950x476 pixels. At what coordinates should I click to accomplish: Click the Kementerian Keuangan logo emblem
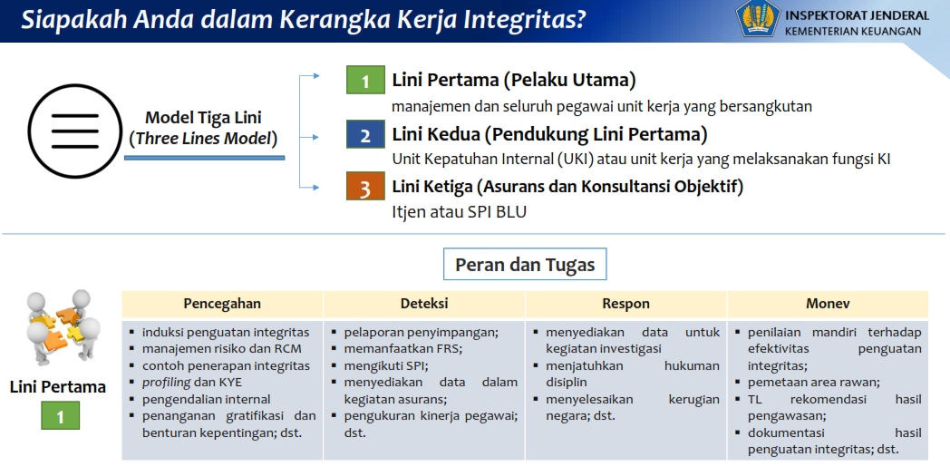coord(758,19)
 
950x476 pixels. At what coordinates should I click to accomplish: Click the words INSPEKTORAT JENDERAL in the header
coord(857,15)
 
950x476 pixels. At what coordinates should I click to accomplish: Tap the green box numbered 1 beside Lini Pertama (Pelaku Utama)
coord(365,81)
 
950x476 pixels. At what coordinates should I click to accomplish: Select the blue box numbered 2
coord(365,135)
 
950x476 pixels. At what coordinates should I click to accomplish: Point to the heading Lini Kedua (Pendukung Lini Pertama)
coord(549,135)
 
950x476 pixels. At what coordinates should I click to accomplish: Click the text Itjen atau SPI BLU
coord(459,212)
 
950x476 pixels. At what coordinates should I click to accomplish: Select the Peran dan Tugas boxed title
coord(525,265)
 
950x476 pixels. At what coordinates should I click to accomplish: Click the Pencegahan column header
coord(222,304)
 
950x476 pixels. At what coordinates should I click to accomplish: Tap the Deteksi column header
coord(424,304)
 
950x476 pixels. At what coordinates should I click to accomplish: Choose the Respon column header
coord(625,304)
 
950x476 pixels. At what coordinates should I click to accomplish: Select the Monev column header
coord(828,304)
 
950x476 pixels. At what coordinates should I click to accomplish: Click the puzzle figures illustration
coord(60,328)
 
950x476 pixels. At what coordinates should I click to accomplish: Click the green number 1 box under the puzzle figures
coord(60,416)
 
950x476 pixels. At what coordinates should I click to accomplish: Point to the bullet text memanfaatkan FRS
coord(402,349)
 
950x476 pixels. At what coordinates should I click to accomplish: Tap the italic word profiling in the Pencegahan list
coord(166,383)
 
